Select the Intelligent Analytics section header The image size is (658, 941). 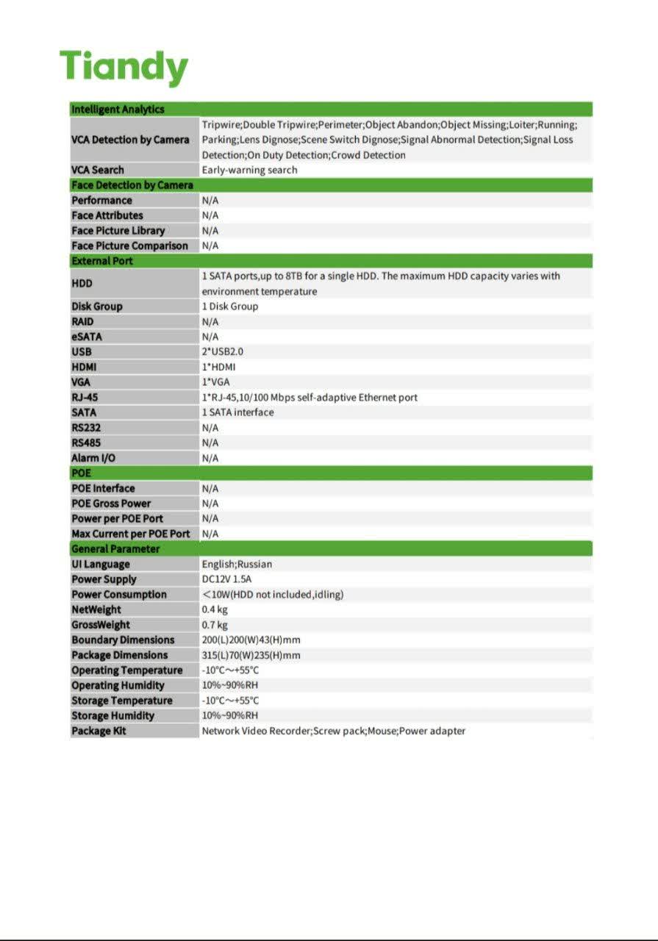[x=118, y=110]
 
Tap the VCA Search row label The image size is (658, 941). [x=98, y=170]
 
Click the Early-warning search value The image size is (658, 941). [x=249, y=170]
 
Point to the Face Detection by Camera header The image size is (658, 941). [x=132, y=185]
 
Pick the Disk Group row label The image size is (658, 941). [x=97, y=307]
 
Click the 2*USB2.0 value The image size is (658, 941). [x=222, y=352]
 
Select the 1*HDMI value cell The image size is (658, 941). [x=218, y=367]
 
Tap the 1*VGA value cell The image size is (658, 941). [x=215, y=382]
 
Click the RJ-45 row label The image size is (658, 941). [x=85, y=398]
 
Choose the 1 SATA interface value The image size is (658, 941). [x=237, y=412]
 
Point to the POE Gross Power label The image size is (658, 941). [x=111, y=504]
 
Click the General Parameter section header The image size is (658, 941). [x=115, y=549]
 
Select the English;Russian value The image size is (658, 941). [x=237, y=565]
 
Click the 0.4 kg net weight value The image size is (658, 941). [x=215, y=609]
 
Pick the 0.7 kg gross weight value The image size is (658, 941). [x=215, y=625]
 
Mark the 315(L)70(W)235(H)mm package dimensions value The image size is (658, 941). [x=251, y=655]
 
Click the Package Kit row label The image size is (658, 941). [x=99, y=731]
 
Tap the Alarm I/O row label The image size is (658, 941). [x=93, y=458]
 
